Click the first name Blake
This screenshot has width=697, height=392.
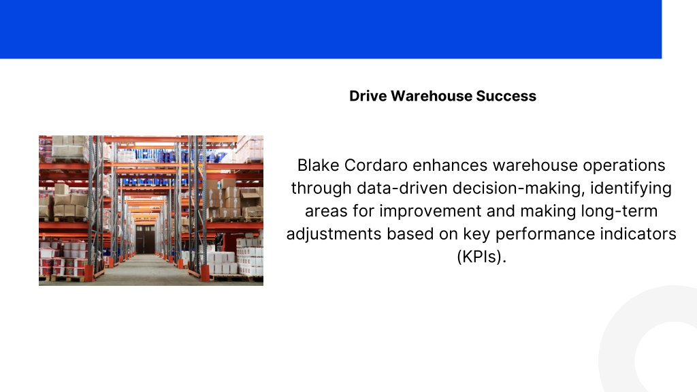pyautogui.click(x=319, y=165)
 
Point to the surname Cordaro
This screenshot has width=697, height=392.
pyautogui.click(x=376, y=165)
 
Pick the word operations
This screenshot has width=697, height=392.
pyautogui.click(x=624, y=165)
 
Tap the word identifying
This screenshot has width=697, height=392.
pyautogui.click(x=631, y=189)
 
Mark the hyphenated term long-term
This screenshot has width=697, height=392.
pyautogui.click(x=619, y=211)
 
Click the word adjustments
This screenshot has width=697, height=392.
pyautogui.click(x=334, y=234)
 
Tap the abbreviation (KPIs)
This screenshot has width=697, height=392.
pyautogui.click(x=482, y=257)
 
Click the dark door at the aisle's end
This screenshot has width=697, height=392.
pyautogui.click(x=146, y=239)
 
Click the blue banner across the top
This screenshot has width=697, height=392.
pyautogui.click(x=331, y=29)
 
